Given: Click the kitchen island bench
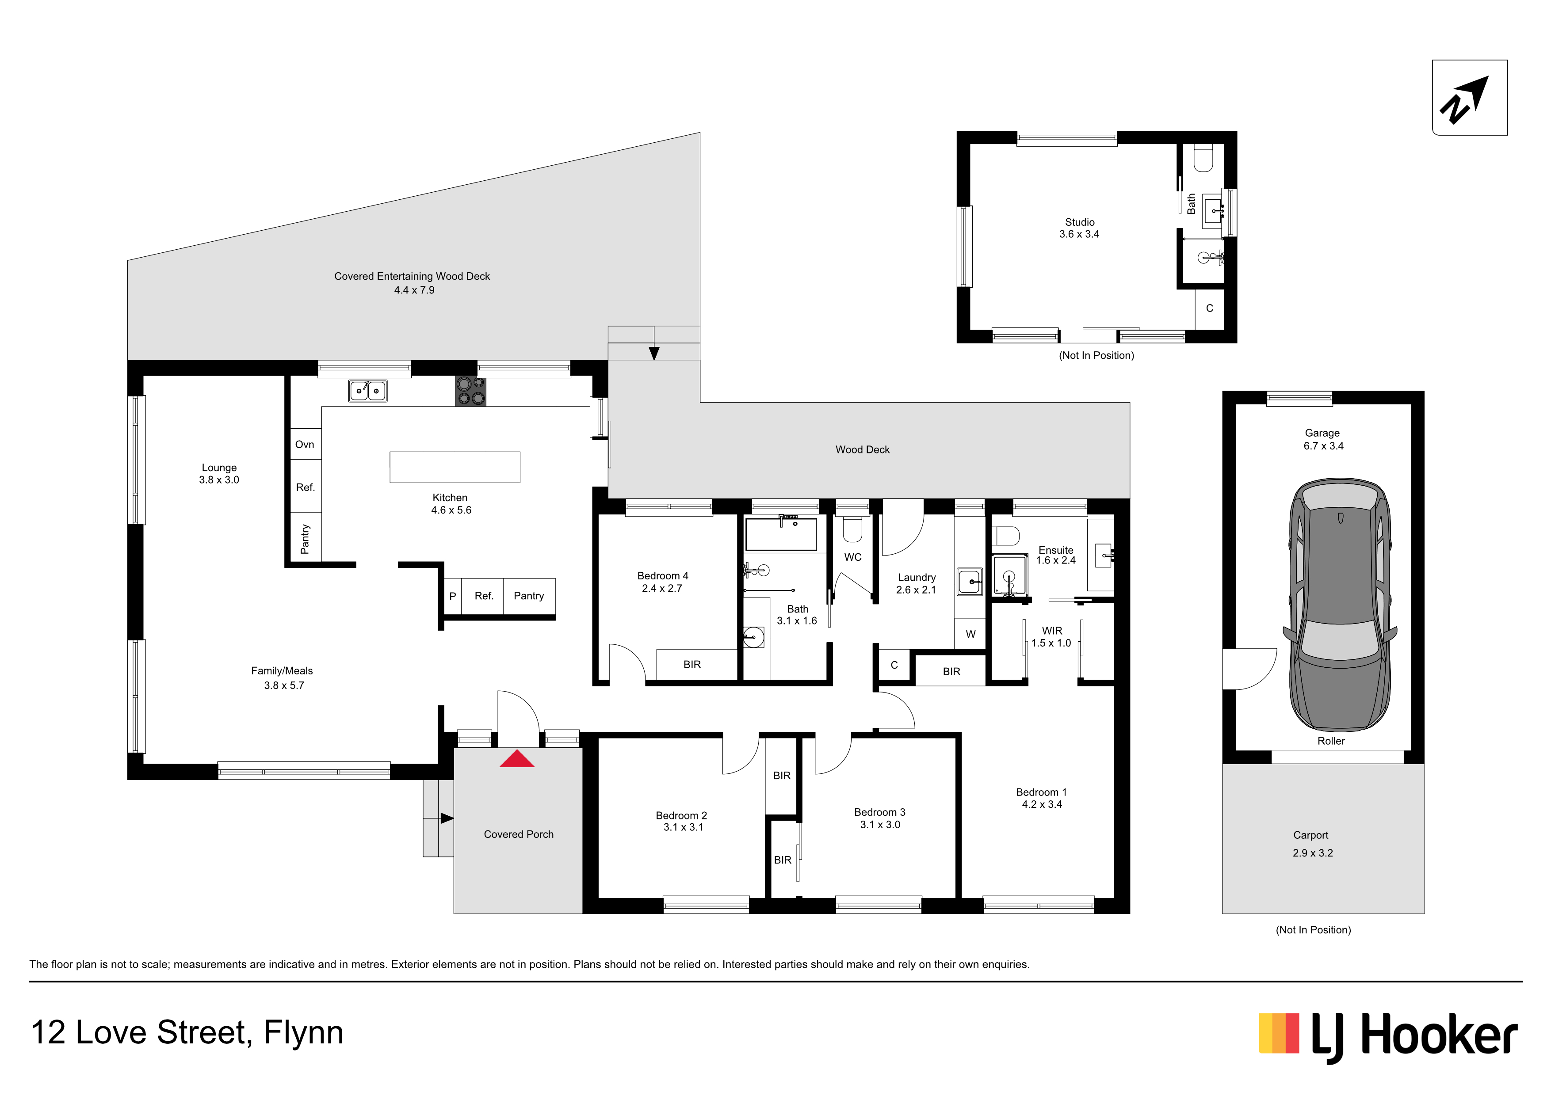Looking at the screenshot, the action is (x=455, y=467).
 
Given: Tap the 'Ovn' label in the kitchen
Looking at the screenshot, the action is (x=305, y=444).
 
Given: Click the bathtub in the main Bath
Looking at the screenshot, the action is (x=781, y=534).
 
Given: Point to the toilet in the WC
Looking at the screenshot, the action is (x=852, y=529).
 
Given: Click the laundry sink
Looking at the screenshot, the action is (x=970, y=582).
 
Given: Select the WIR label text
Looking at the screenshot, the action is (x=1052, y=631).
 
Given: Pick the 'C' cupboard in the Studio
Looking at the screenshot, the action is (x=1210, y=308).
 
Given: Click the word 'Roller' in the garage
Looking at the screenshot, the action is (x=1331, y=741).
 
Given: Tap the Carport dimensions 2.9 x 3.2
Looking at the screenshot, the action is (x=1313, y=853).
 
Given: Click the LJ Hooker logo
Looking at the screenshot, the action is (x=1388, y=1037).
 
